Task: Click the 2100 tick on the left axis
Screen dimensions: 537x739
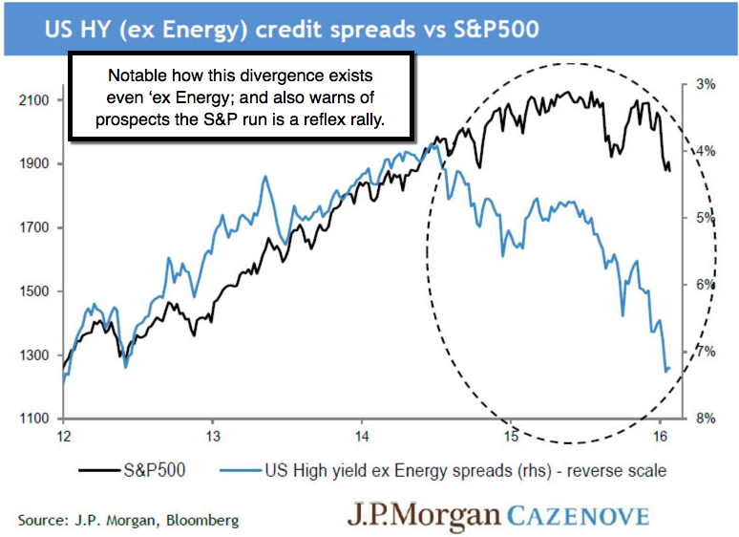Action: click(35, 100)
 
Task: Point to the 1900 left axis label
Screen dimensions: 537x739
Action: click(35, 164)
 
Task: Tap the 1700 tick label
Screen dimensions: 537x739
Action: click(35, 228)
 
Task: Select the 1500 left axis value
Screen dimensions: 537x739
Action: click(35, 292)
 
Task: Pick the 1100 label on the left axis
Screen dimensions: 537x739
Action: click(35, 419)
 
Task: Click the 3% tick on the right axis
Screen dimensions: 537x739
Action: click(706, 84)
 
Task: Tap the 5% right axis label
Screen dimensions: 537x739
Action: click(706, 218)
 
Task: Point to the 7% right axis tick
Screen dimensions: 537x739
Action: click(706, 352)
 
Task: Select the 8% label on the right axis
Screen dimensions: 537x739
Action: click(706, 419)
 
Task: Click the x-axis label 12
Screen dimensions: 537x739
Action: click(63, 437)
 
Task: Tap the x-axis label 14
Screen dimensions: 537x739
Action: click(362, 437)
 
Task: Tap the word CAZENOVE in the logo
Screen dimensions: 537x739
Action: click(578, 517)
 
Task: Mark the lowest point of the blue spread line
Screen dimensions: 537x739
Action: click(665, 370)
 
